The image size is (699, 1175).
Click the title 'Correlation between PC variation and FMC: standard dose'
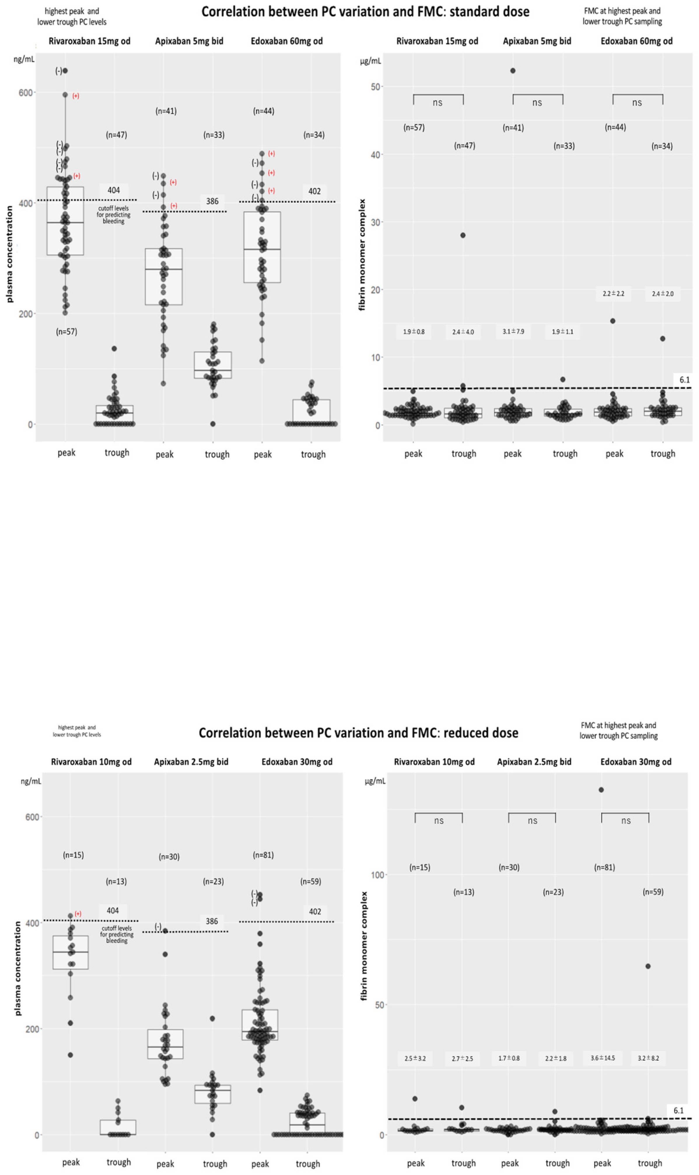pos(365,12)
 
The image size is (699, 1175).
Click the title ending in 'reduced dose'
pos(358,733)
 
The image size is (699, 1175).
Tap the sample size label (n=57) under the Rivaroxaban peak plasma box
pos(66,332)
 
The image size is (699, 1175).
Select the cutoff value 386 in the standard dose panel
pos(212,201)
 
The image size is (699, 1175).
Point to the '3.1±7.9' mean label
pos(513,332)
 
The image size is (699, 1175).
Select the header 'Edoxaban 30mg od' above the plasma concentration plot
pos(297,762)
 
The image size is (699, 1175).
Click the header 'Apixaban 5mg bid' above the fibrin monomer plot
pos(537,41)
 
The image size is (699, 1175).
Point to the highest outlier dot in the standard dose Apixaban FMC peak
pos(513,71)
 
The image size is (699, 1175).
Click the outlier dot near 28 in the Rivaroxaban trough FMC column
pos(463,236)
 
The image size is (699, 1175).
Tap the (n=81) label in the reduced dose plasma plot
pos(263,855)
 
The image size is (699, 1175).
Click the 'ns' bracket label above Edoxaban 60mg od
pos(637,103)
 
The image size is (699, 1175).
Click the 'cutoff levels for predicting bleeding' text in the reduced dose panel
pos(117,934)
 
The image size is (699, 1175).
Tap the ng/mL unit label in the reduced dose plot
pos(31,781)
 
